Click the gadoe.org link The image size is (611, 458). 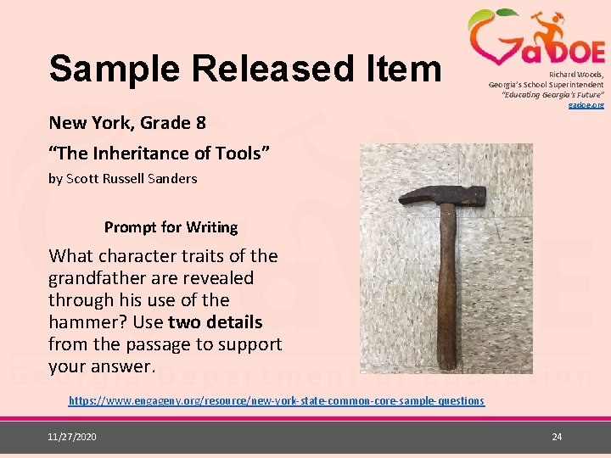(x=586, y=104)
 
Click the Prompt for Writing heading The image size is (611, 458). (x=171, y=227)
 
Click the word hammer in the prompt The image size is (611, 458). (x=83, y=322)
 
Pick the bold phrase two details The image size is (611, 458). (x=216, y=322)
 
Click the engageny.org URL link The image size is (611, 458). (x=276, y=400)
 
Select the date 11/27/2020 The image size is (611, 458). (x=72, y=436)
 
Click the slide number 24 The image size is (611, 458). (x=557, y=436)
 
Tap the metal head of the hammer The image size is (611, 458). (x=441, y=197)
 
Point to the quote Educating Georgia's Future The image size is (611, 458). (x=552, y=94)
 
